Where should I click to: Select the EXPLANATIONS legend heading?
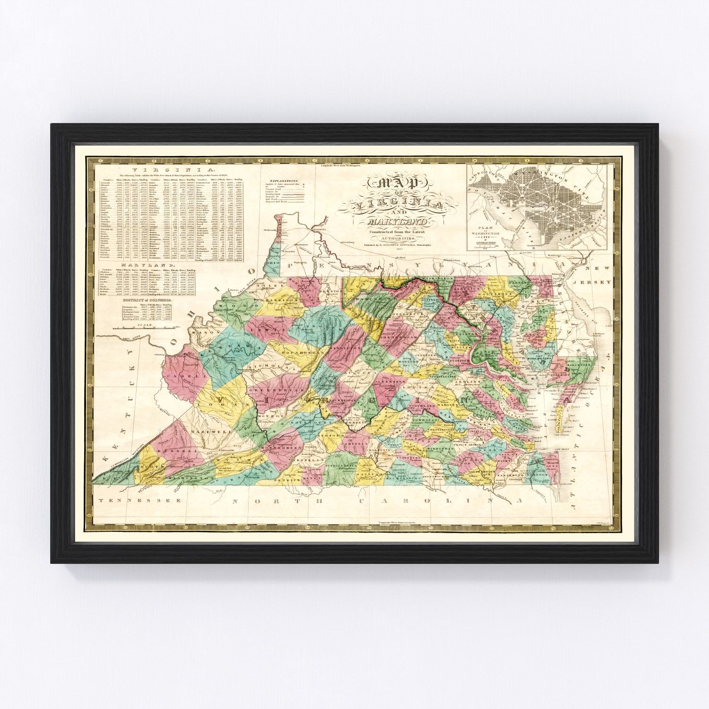tap(283, 182)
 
